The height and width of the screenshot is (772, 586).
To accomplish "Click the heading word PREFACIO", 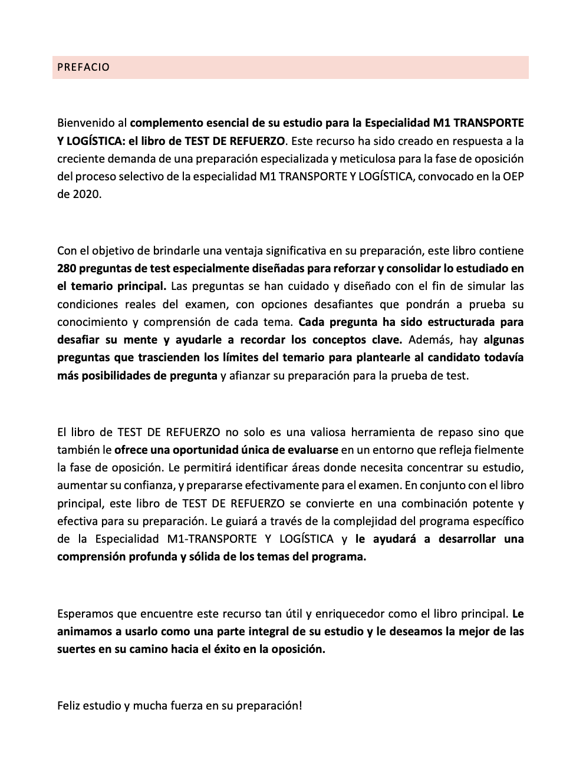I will [x=83, y=67].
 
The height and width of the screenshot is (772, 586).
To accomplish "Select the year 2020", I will [x=87, y=194].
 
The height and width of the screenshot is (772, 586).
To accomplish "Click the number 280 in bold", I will [x=67, y=269].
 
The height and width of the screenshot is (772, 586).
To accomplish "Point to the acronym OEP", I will [x=513, y=177].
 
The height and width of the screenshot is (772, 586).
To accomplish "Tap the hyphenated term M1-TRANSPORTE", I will [x=212, y=539].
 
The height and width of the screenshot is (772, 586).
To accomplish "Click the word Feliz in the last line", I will [x=70, y=706].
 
